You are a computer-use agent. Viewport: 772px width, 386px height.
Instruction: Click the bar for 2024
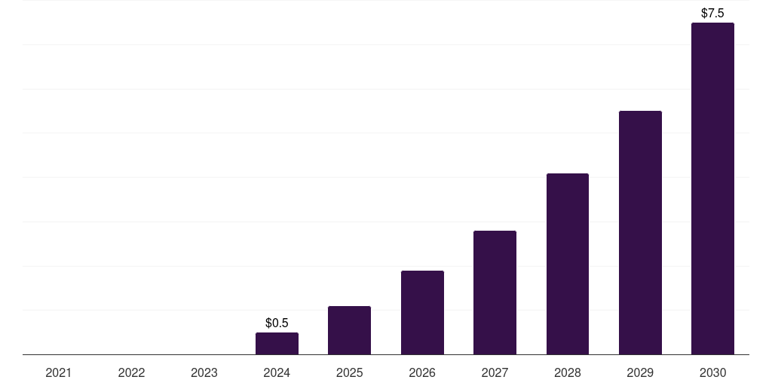tap(277, 344)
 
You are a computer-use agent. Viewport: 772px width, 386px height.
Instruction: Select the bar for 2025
tap(349, 330)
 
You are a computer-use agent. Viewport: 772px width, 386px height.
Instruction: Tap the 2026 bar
tap(422, 313)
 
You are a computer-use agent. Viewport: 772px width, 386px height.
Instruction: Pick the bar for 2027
tap(495, 293)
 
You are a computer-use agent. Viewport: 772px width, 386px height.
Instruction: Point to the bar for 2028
tap(568, 264)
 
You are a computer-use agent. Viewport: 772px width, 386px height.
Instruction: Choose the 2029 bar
tap(640, 233)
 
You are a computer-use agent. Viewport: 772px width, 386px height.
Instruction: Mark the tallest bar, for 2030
tap(712, 188)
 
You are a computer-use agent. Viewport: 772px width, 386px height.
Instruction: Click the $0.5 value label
tap(277, 323)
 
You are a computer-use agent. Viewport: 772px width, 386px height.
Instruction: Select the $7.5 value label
tap(712, 14)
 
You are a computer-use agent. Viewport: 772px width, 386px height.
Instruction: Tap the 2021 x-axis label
tap(59, 373)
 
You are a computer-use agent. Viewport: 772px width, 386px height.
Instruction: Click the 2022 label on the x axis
tap(131, 373)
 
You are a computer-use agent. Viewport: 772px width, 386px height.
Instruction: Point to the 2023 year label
tap(204, 373)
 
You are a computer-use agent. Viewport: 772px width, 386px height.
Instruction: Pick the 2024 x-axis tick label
tap(277, 373)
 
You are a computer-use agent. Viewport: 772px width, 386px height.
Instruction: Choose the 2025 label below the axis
tap(349, 373)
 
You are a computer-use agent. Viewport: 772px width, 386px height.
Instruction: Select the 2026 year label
tap(422, 373)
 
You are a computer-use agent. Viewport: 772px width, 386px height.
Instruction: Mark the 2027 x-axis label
tap(495, 373)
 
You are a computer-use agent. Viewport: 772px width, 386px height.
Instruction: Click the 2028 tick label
tap(568, 373)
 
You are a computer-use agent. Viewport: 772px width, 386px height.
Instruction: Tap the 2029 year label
tap(640, 373)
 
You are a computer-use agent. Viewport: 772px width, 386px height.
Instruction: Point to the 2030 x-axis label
tap(712, 373)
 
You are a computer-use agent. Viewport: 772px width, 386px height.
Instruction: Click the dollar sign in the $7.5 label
tap(704, 14)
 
